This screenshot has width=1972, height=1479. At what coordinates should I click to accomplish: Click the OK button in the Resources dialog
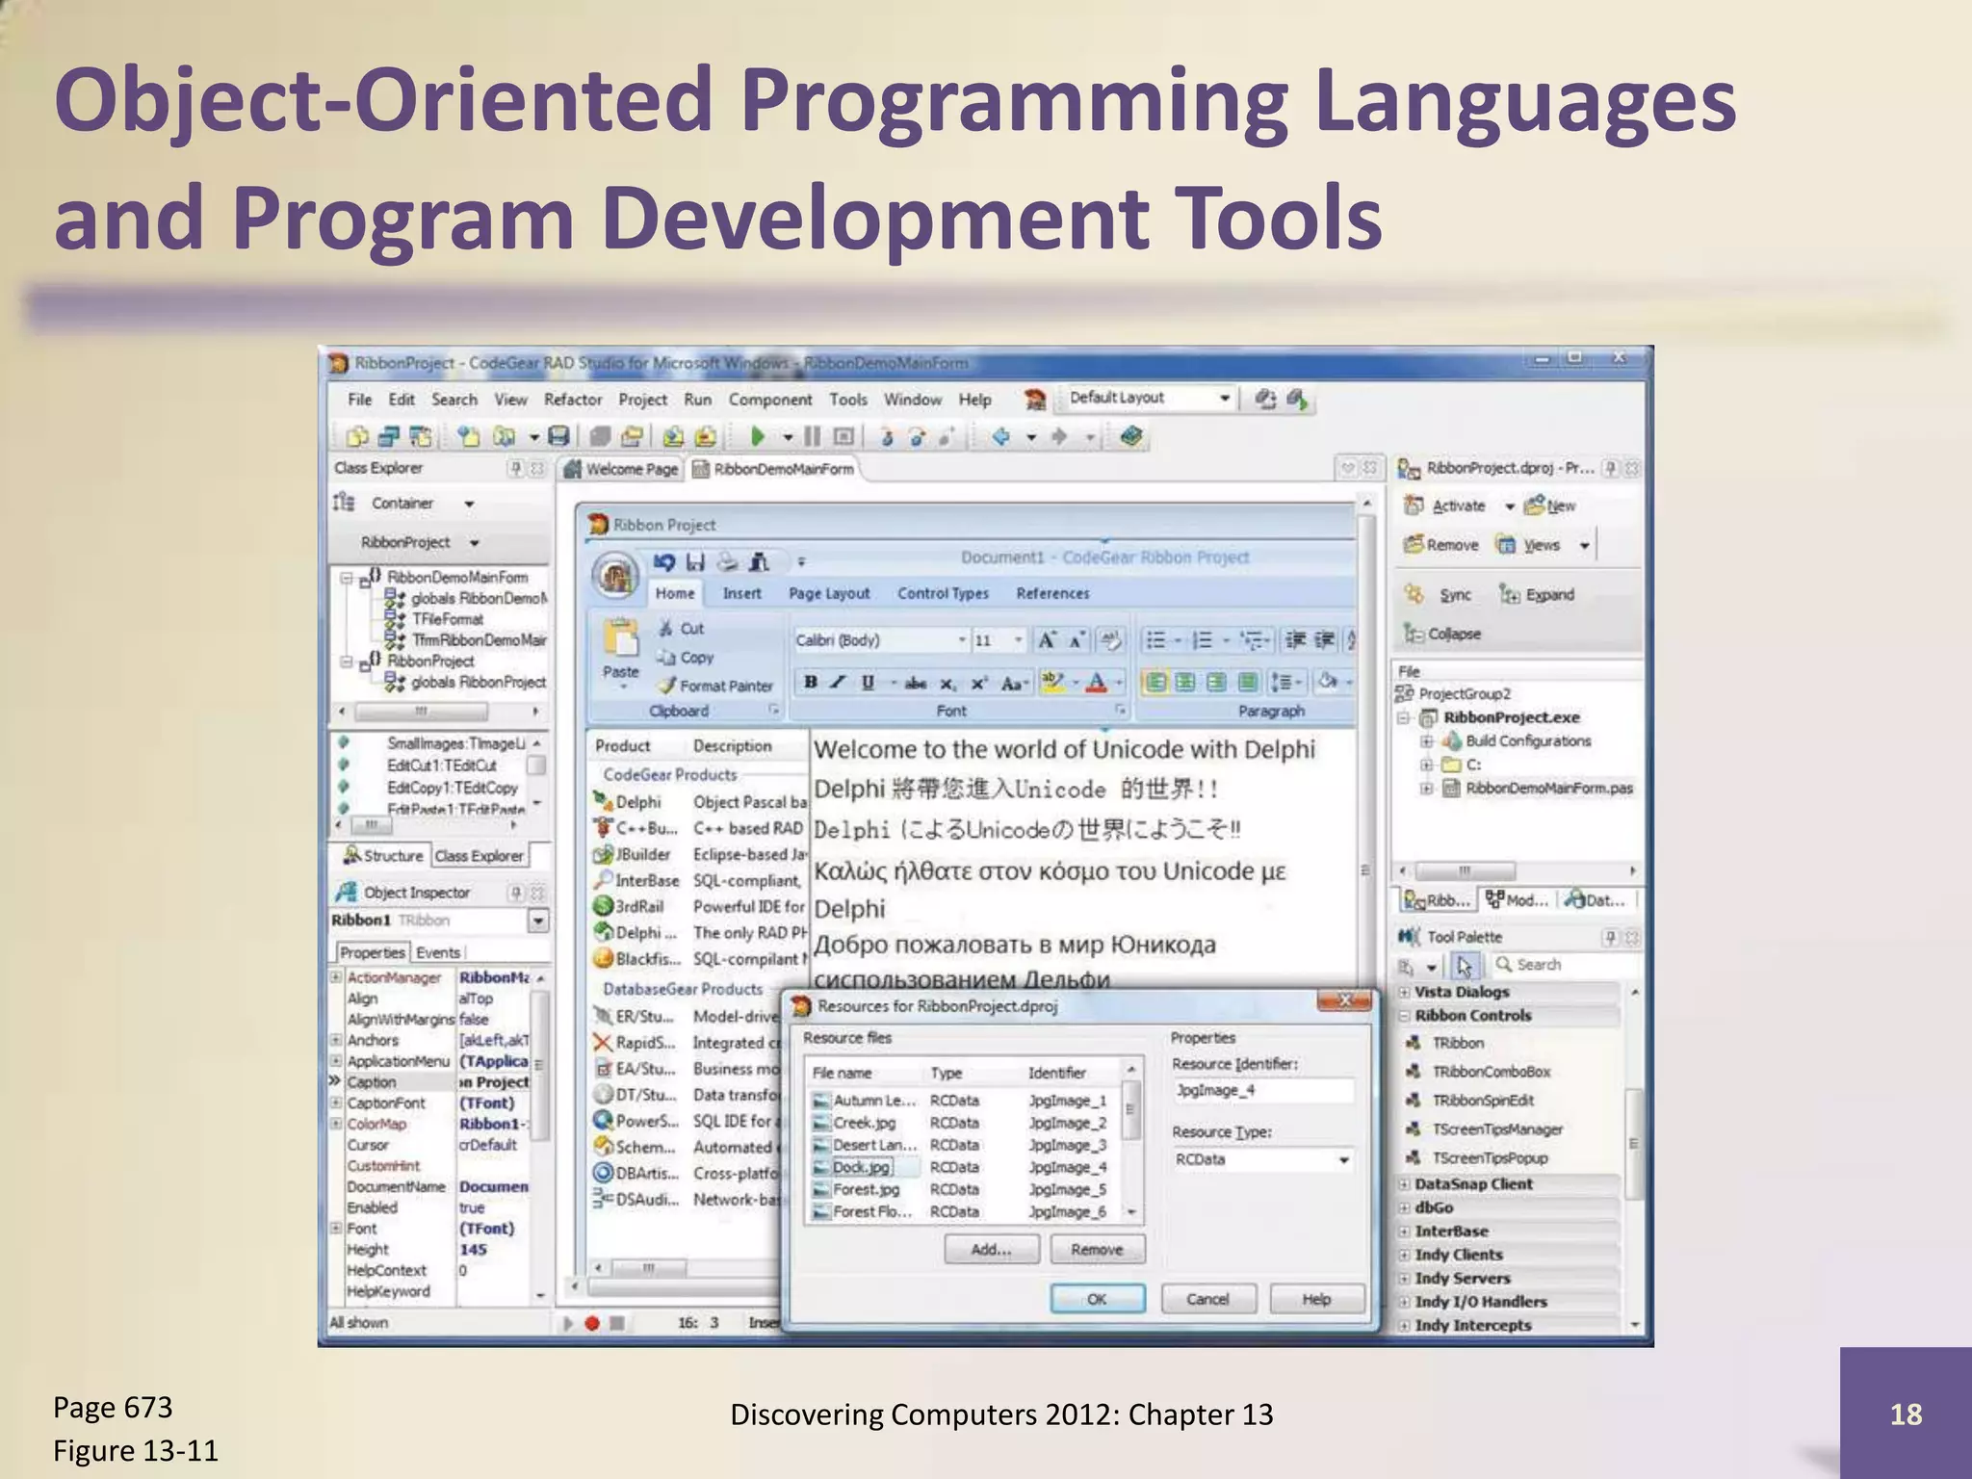[x=1097, y=1299]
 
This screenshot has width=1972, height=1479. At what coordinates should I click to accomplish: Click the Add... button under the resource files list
[x=991, y=1250]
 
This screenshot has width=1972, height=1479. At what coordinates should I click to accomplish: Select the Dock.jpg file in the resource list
[x=862, y=1167]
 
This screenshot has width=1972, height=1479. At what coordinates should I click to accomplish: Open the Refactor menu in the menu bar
[x=572, y=400]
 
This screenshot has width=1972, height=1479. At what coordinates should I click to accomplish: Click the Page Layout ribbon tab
[x=828, y=593]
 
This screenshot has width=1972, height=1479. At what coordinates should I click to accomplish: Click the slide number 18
[x=1905, y=1414]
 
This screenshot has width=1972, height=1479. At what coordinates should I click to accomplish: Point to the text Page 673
[x=113, y=1408]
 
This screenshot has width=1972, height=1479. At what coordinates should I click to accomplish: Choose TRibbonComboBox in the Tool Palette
[x=1491, y=1072]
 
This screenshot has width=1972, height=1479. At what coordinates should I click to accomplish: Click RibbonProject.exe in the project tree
[x=1511, y=717]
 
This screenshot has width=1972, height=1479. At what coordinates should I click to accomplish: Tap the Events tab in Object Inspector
[x=438, y=952]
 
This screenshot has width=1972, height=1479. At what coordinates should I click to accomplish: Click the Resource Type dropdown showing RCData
[x=1261, y=1160]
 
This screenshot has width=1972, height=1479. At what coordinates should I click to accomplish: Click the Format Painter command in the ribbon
[x=724, y=686]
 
